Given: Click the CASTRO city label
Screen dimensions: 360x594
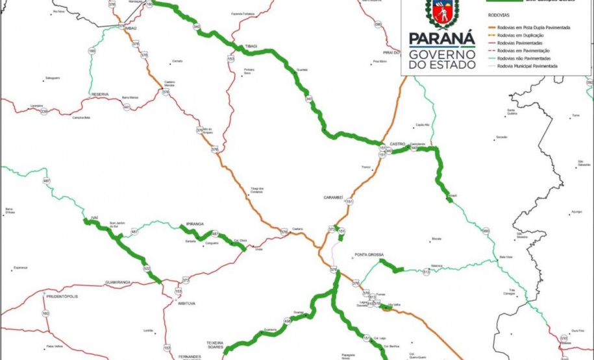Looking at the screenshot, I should (x=397, y=143).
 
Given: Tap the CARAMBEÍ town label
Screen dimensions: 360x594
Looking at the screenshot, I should (x=337, y=197).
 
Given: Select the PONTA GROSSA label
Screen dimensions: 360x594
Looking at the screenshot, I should (x=371, y=255).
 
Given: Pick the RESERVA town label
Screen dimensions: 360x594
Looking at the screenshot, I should (x=99, y=94).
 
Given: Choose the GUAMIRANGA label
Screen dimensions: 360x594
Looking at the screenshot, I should (x=118, y=283).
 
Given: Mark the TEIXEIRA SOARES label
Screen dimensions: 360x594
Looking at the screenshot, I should (x=215, y=346).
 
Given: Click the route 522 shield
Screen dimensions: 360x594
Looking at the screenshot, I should (x=147, y=269).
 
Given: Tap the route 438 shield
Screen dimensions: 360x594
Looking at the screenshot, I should (x=287, y=321).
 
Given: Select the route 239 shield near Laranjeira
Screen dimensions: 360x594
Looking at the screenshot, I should (x=44, y=112).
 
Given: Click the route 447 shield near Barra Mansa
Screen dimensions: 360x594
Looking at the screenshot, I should (x=127, y=107).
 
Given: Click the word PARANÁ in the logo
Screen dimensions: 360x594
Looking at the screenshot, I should (x=442, y=39).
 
